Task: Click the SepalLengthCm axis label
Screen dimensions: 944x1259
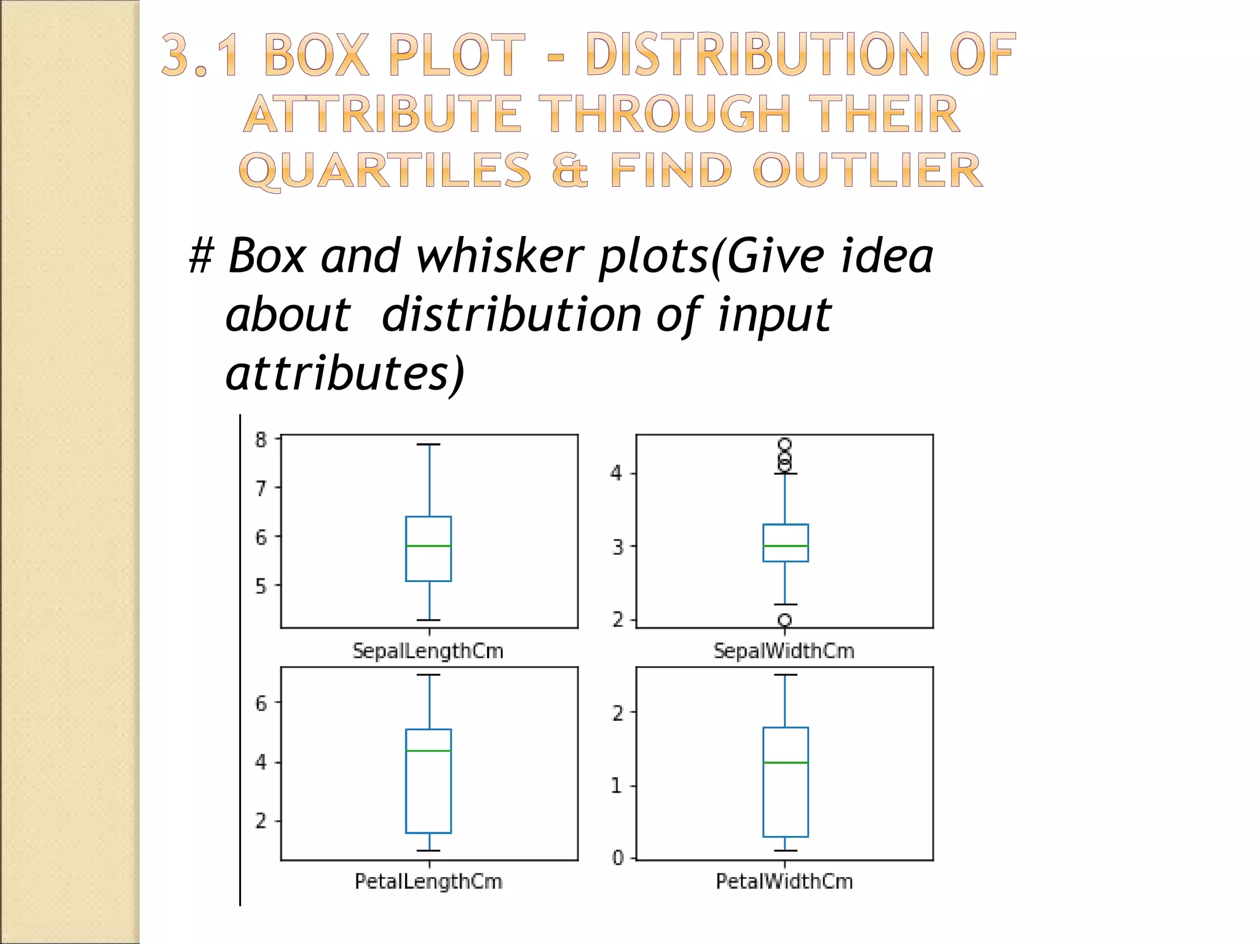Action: pyautogui.click(x=428, y=651)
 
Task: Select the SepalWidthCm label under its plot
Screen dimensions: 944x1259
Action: pyautogui.click(x=784, y=651)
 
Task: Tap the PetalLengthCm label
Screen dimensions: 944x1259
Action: pyautogui.click(x=428, y=881)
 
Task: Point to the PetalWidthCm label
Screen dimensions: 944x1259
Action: pyautogui.click(x=784, y=881)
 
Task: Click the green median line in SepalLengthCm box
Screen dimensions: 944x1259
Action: pyautogui.click(x=428, y=546)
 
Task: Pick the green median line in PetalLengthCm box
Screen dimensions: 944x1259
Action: pyautogui.click(x=428, y=750)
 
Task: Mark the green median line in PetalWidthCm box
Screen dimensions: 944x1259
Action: pyautogui.click(x=786, y=763)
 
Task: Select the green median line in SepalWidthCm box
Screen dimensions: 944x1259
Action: pyautogui.click(x=786, y=546)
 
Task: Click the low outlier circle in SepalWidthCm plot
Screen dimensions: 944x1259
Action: pyautogui.click(x=784, y=619)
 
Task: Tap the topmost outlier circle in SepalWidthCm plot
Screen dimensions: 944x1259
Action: pyautogui.click(x=784, y=444)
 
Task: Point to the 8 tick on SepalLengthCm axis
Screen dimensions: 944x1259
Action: pyautogui.click(x=262, y=439)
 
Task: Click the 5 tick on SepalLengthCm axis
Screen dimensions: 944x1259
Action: pyautogui.click(x=262, y=586)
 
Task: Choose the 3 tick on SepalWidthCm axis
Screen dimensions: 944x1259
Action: pyautogui.click(x=618, y=546)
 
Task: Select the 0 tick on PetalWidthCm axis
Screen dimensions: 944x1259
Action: pyautogui.click(x=618, y=857)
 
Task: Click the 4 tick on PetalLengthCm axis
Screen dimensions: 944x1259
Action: pyautogui.click(x=262, y=763)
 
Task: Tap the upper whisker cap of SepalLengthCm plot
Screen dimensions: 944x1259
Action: pyautogui.click(x=428, y=444)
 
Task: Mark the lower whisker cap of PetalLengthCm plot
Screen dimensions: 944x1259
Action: pyautogui.click(x=428, y=851)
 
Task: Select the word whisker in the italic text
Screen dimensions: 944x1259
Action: pyautogui.click(x=499, y=256)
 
